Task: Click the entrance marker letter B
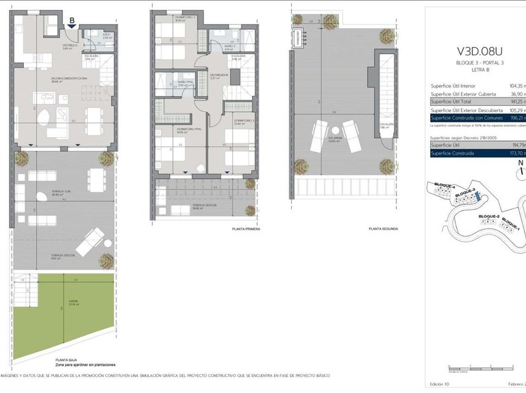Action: [71, 21]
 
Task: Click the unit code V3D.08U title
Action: [479, 50]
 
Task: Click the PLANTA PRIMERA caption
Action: [247, 229]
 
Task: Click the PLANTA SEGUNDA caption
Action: [383, 229]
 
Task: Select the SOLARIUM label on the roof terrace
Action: [335, 140]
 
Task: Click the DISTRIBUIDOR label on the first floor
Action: [218, 75]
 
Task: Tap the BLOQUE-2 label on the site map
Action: [488, 215]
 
